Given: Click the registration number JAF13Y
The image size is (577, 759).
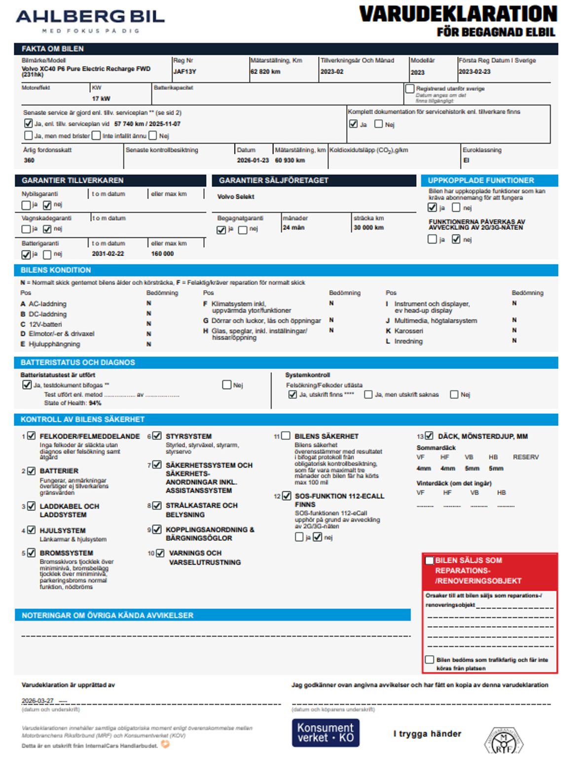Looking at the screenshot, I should (184, 72).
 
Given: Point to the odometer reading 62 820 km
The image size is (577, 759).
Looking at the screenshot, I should (265, 72).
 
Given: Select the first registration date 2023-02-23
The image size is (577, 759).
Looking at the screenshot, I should (474, 72).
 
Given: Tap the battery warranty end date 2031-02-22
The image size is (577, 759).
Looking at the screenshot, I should (108, 253).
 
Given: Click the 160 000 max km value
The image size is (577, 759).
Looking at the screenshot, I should (162, 253).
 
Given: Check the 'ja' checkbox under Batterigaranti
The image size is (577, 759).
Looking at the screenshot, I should (26, 254).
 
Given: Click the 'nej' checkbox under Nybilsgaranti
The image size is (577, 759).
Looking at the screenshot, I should (47, 205).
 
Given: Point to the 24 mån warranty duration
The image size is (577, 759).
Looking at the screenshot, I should (293, 227).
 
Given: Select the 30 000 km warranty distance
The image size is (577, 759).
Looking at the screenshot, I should (368, 227).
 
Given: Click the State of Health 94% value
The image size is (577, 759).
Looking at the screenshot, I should (95, 403).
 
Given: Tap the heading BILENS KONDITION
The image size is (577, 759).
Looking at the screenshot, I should (56, 270).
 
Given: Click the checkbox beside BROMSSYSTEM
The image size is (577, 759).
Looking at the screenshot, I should (32, 553).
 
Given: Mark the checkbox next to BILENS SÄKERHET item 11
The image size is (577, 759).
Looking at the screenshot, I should (285, 436).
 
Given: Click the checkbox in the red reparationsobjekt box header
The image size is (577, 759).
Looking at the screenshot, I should (430, 560).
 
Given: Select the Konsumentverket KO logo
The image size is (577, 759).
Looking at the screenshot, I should (325, 732).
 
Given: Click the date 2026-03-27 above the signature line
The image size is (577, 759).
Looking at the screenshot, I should (37, 700).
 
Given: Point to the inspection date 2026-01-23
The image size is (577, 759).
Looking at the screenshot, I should (252, 160).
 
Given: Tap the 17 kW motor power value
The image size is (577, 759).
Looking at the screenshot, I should (101, 99).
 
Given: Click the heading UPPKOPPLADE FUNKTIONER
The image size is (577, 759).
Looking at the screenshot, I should (481, 181).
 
